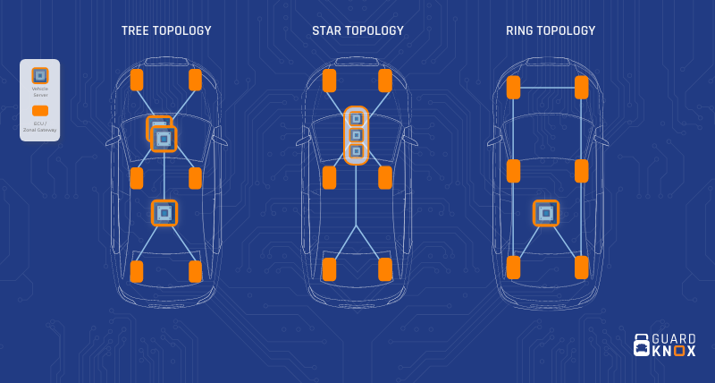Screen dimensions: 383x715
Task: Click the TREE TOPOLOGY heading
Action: click(166, 31)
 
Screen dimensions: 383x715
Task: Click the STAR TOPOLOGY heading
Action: click(357, 31)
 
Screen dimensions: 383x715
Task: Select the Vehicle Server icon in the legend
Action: click(40, 76)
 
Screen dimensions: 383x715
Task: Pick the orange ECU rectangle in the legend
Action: click(40, 111)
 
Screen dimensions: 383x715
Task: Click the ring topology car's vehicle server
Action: click(546, 213)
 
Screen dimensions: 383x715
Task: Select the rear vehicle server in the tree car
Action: click(164, 212)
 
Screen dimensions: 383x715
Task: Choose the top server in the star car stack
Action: click(356, 118)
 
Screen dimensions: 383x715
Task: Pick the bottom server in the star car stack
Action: click(356, 152)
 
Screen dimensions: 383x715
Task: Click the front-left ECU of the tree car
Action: click(137, 81)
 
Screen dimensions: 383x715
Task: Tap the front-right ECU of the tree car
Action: click(195, 81)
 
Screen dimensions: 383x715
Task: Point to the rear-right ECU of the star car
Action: click(385, 269)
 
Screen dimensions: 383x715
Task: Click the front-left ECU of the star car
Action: click(329, 81)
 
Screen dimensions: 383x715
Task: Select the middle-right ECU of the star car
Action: click(385, 177)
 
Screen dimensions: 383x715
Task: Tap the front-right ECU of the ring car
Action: click(582, 88)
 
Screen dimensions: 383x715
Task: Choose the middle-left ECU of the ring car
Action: click(513, 171)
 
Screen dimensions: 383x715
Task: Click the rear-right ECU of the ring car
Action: click(582, 267)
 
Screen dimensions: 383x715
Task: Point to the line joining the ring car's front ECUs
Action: click(547, 88)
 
